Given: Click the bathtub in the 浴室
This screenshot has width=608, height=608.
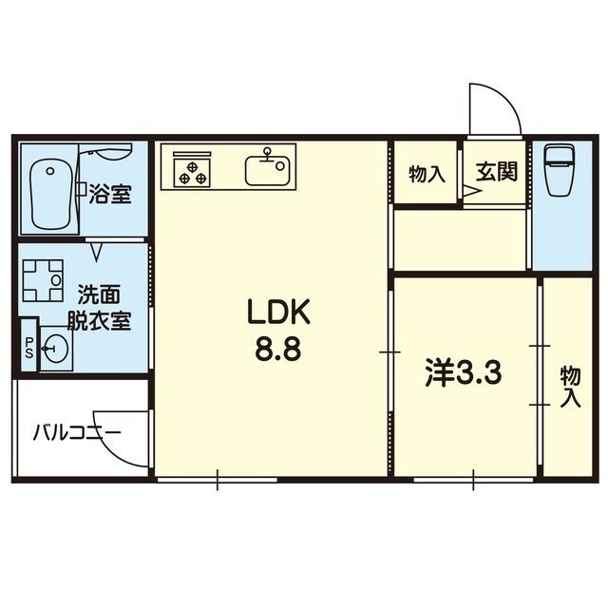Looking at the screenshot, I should (x=50, y=194).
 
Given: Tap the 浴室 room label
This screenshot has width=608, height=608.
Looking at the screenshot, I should (x=110, y=196).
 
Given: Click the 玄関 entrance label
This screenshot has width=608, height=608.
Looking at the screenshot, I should (x=496, y=172).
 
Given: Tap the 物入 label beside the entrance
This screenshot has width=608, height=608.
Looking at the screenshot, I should (x=427, y=173).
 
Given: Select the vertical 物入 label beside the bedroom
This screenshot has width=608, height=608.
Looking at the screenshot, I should (x=569, y=385).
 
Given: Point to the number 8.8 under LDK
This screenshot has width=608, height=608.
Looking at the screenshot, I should (x=277, y=350).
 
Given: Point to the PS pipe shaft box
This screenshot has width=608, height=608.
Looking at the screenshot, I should (x=28, y=348).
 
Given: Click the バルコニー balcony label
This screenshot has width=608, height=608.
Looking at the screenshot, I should (x=75, y=434).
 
